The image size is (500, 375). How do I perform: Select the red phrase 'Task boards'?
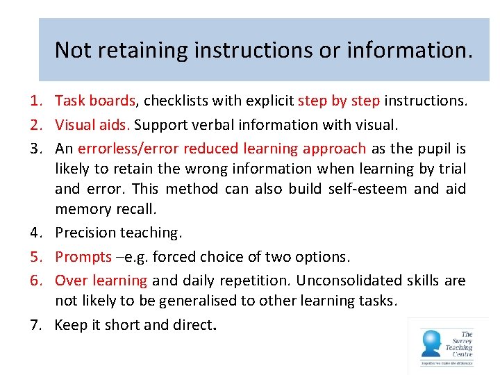point(95,101)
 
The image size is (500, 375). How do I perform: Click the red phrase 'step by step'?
point(339,101)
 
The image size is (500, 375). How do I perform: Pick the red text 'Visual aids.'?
point(92,125)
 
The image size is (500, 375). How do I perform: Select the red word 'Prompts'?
point(83,257)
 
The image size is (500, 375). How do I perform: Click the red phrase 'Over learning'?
point(101,281)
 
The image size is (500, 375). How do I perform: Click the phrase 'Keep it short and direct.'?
point(136,324)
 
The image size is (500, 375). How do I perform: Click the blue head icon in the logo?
point(431,342)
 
